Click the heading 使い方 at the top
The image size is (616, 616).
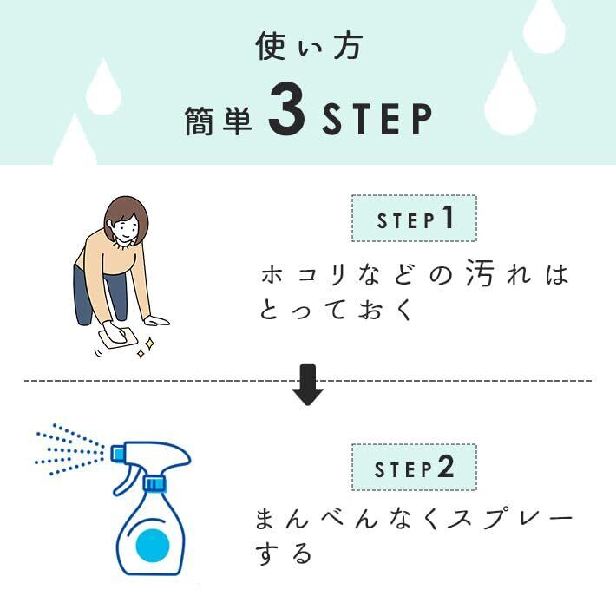click(x=308, y=46)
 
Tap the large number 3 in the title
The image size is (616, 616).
click(x=287, y=109)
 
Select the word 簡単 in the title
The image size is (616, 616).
click(x=219, y=121)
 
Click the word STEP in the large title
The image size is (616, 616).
click(x=377, y=119)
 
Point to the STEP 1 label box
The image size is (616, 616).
click(x=414, y=218)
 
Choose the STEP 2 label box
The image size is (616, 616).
click(x=414, y=467)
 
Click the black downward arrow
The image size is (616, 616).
click(x=308, y=384)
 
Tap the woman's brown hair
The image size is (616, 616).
click(x=126, y=214)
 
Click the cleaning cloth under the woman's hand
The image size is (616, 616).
click(x=118, y=338)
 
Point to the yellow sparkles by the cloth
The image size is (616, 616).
click(x=146, y=348)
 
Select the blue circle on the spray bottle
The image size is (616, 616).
click(x=153, y=546)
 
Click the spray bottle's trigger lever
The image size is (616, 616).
click(x=124, y=482)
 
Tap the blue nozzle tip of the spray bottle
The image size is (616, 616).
click(x=117, y=453)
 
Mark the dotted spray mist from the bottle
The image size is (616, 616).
click(x=69, y=449)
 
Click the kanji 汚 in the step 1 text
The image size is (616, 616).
click(x=479, y=273)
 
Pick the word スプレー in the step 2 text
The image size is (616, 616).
click(x=509, y=519)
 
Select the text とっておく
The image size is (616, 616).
click(x=335, y=310)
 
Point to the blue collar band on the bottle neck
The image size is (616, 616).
click(x=154, y=484)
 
